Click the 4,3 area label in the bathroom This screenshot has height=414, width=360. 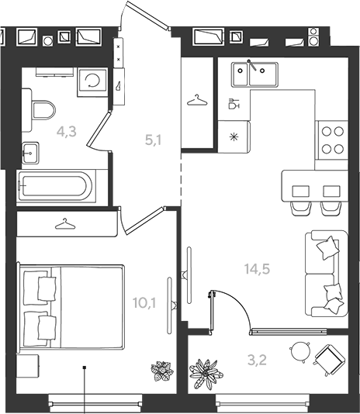[x=67, y=132]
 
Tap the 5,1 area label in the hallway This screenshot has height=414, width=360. [x=154, y=140]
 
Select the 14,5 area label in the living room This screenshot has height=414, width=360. [x=257, y=269]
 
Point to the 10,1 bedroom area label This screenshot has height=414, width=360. [x=144, y=302]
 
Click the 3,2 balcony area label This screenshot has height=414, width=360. [x=257, y=361]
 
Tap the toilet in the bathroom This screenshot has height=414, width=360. [x=43, y=110]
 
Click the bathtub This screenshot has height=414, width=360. [x=56, y=186]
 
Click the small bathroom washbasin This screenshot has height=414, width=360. [x=30, y=153]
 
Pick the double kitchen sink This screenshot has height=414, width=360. [x=254, y=74]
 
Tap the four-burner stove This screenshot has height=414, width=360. [x=333, y=140]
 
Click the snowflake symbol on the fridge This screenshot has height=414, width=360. [x=234, y=137]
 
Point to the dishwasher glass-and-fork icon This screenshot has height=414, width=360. [x=234, y=103]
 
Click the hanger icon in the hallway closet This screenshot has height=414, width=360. [x=197, y=100]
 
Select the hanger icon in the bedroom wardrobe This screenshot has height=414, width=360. [x=65, y=223]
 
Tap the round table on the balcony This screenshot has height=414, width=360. [x=300, y=352]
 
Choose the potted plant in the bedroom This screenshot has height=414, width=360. [x=162, y=371]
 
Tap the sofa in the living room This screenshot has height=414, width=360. [x=327, y=274]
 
